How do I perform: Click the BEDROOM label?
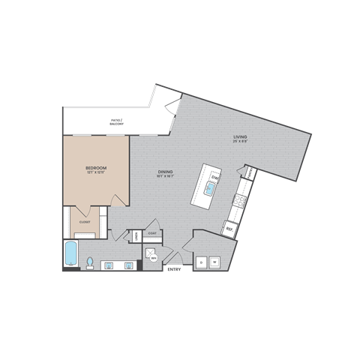pos(95,166)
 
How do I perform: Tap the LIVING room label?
pos(240,136)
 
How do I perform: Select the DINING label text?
pos(166,172)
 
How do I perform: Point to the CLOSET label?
pos(85,222)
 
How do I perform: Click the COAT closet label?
pos(152,233)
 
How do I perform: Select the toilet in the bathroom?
pos(89,262)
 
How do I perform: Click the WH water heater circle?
pos(154,259)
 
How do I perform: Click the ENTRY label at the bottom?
pos(173,268)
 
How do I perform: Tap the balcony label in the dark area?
pos(115,120)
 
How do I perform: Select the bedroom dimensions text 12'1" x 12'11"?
pos(95,172)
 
